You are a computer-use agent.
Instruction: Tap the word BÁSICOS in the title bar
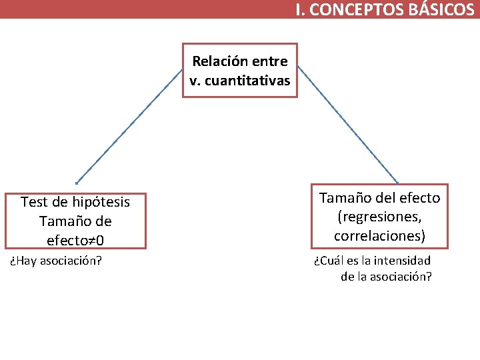tap(441, 9)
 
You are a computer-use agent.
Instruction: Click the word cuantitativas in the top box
tap(248, 81)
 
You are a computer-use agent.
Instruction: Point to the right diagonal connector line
tap(347, 124)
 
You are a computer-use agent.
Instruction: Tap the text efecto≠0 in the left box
tap(75, 239)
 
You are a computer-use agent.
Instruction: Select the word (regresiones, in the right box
tap(380, 217)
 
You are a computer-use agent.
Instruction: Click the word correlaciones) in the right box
tap(380, 236)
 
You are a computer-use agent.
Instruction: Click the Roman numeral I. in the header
tap(301, 9)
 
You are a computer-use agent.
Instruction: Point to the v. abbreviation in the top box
tap(195, 81)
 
